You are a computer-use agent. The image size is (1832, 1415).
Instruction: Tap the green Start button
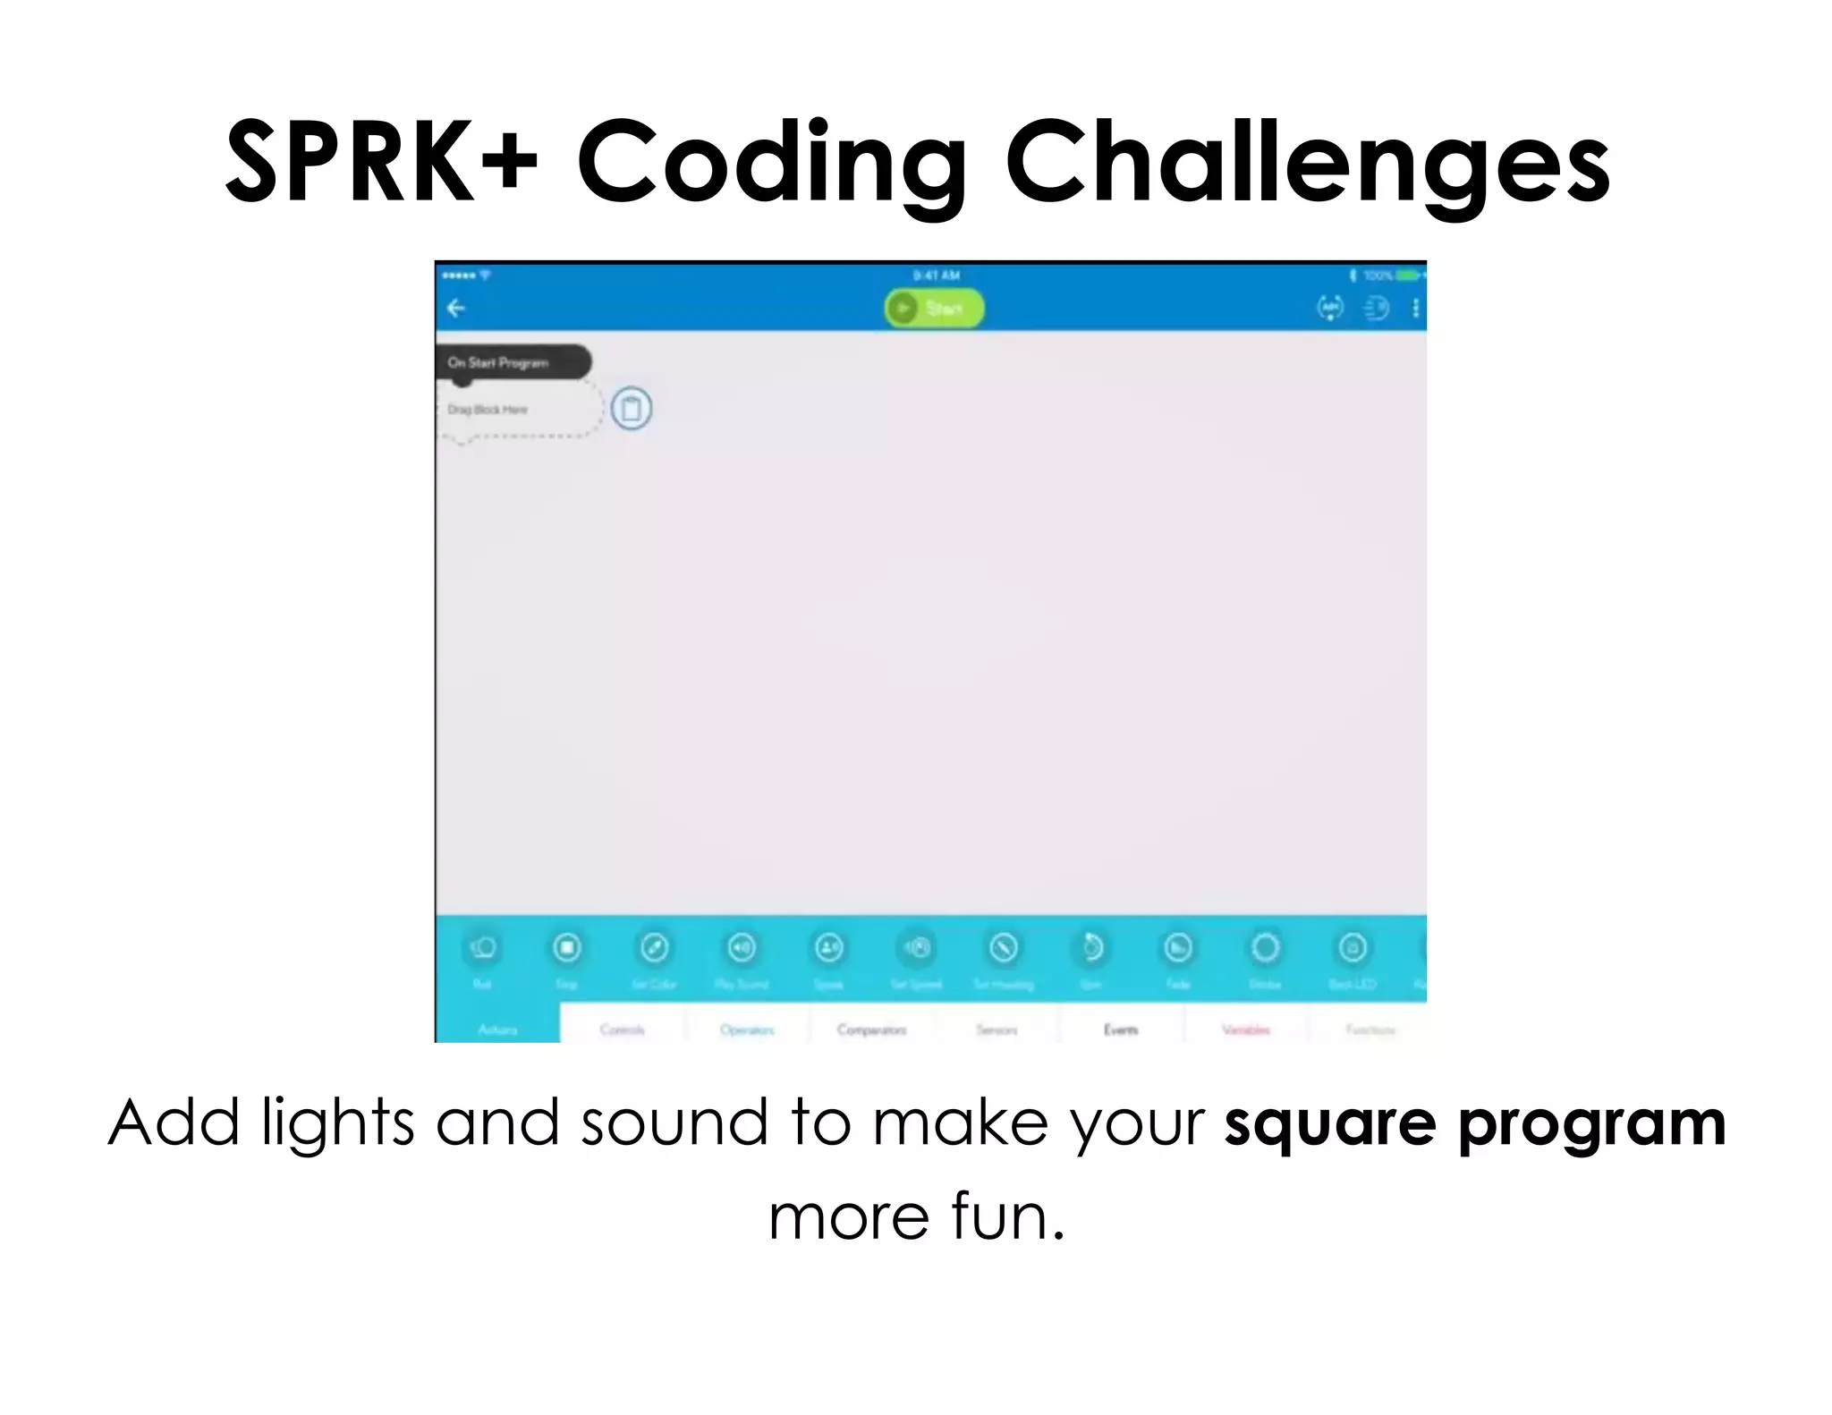[x=934, y=309]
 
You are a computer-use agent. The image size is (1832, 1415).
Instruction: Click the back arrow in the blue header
[x=456, y=309]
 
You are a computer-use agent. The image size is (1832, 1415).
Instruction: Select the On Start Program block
[x=512, y=362]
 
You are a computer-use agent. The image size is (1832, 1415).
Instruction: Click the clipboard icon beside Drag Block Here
[x=632, y=409]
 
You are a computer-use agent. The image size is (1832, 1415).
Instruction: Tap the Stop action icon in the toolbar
[x=567, y=948]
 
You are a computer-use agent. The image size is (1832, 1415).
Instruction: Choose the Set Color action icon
[x=654, y=948]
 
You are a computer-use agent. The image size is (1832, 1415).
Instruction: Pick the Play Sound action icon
[x=742, y=948]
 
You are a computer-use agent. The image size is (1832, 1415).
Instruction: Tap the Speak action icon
[x=829, y=948]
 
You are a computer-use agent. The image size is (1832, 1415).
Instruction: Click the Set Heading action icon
[x=1004, y=948]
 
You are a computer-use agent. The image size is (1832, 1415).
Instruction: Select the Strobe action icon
[x=1265, y=948]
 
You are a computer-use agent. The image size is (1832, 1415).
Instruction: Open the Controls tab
[x=623, y=1029]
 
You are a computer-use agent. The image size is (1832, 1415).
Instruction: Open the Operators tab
[x=747, y=1029]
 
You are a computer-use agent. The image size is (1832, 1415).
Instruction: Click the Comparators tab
[x=872, y=1029]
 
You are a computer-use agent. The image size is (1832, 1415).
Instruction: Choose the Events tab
[x=1121, y=1029]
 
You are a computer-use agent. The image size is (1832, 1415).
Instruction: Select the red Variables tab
[x=1246, y=1029]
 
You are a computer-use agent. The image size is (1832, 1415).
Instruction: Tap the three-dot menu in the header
[x=1415, y=309]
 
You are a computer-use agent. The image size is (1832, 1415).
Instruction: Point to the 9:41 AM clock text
[x=936, y=275]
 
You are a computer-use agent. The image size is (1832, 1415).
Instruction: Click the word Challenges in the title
[x=1306, y=163]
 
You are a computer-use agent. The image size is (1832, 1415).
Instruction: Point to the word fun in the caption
[x=1006, y=1216]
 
